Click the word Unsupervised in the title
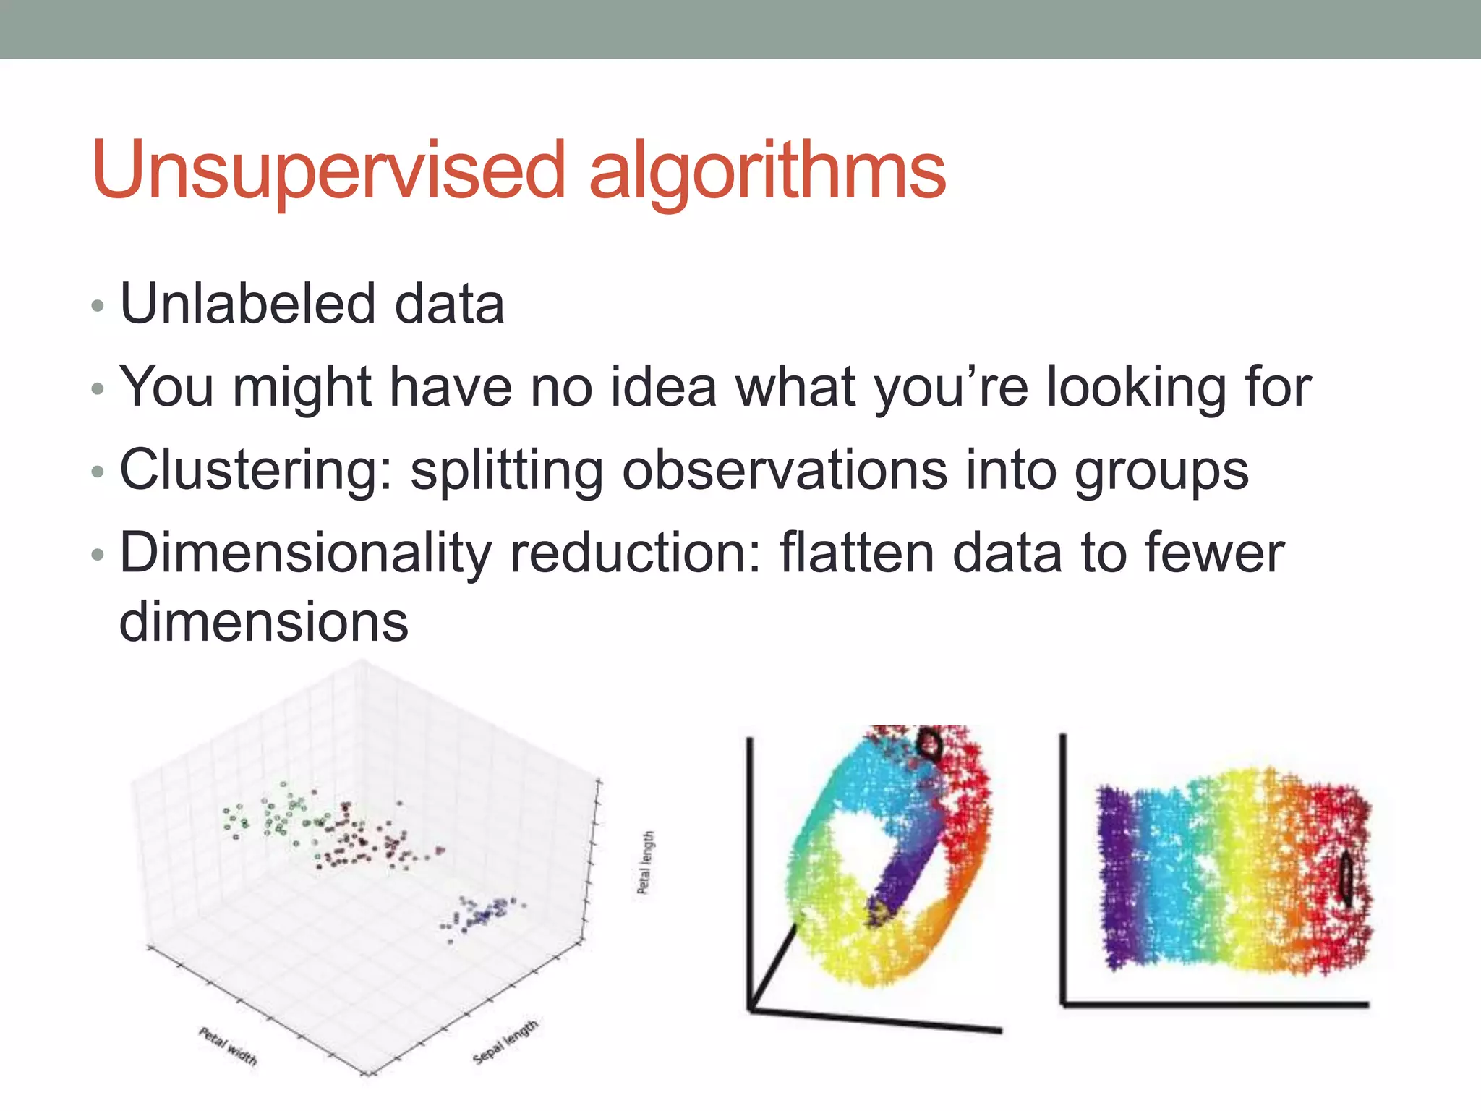coord(329,171)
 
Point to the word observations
coord(785,470)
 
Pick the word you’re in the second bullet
coord(951,388)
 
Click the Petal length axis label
coord(646,862)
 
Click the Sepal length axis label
coord(505,1042)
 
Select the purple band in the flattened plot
coord(1117,875)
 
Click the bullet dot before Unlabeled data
coord(98,306)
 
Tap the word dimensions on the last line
coord(264,622)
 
